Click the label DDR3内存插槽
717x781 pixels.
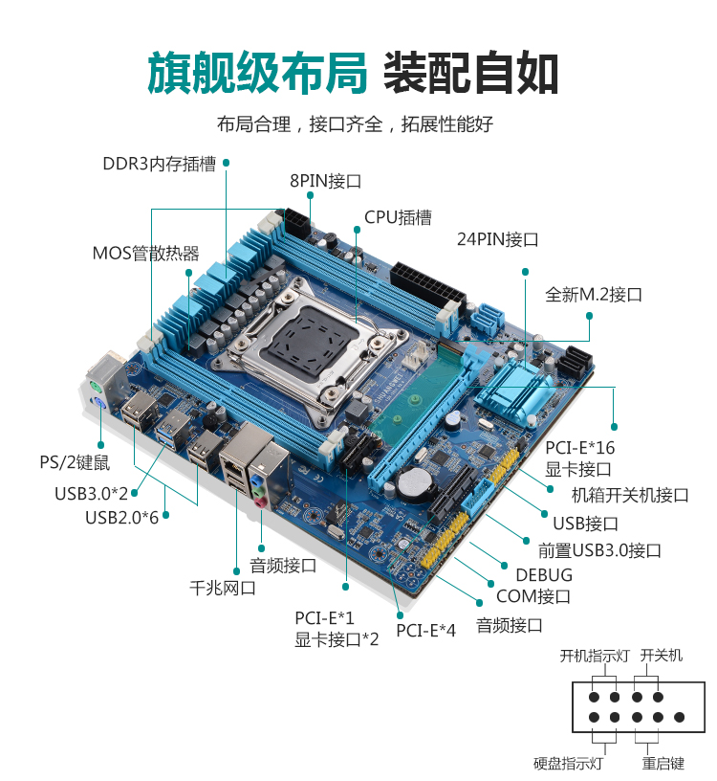click(x=159, y=164)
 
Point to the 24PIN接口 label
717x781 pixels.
click(x=497, y=239)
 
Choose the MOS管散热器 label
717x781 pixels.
click(x=145, y=254)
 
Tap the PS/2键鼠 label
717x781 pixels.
click(x=75, y=463)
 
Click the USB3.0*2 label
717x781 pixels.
click(x=91, y=494)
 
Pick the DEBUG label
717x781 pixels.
click(x=544, y=575)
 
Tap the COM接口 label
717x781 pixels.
click(x=533, y=597)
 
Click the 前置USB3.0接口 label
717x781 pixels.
click(x=599, y=550)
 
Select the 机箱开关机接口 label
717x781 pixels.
click(x=629, y=495)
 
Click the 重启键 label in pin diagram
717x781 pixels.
click(x=663, y=764)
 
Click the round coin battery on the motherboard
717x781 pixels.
click(x=413, y=483)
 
